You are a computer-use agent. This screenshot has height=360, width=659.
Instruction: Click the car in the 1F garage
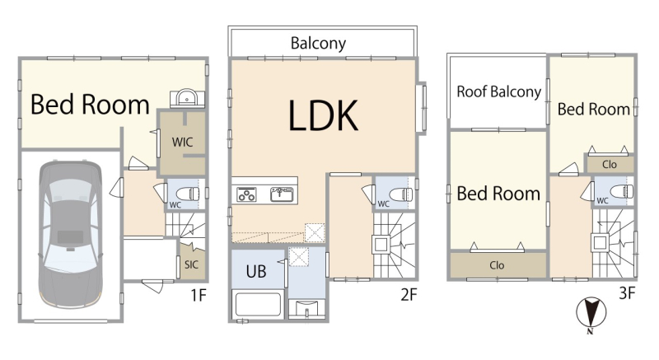coord(70,235)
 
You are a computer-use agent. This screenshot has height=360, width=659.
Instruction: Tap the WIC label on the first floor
coord(182,142)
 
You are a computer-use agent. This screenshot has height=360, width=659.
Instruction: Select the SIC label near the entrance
coord(191,264)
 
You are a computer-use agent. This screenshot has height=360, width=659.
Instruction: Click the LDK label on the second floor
coord(323,115)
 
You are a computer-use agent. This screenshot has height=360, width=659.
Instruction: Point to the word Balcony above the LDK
coord(318,44)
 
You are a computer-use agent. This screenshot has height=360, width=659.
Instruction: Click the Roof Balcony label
coord(499,91)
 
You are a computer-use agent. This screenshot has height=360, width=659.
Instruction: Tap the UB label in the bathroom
coord(256,271)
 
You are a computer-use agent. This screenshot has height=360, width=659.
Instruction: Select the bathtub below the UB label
coord(258,305)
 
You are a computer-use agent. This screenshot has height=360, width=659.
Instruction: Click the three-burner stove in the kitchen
coord(246,194)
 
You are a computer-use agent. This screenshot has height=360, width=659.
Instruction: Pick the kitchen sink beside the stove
coord(282,194)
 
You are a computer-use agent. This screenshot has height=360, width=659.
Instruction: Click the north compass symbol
coord(591,314)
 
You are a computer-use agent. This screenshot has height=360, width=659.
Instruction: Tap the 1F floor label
coord(199,295)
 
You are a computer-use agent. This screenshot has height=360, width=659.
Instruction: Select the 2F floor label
coord(409,294)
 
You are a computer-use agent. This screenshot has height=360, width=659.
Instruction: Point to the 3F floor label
coord(627,292)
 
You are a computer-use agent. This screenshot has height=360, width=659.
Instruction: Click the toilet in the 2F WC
coord(401,194)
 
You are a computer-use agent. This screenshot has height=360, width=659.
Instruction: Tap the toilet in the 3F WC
coord(622,191)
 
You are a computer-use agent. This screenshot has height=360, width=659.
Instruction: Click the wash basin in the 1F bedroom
coord(186,98)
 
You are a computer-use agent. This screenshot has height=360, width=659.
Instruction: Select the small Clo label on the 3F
coord(610,164)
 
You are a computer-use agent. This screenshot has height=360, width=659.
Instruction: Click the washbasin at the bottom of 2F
coord(306,309)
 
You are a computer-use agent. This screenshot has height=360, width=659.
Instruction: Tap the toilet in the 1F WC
coord(188,194)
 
